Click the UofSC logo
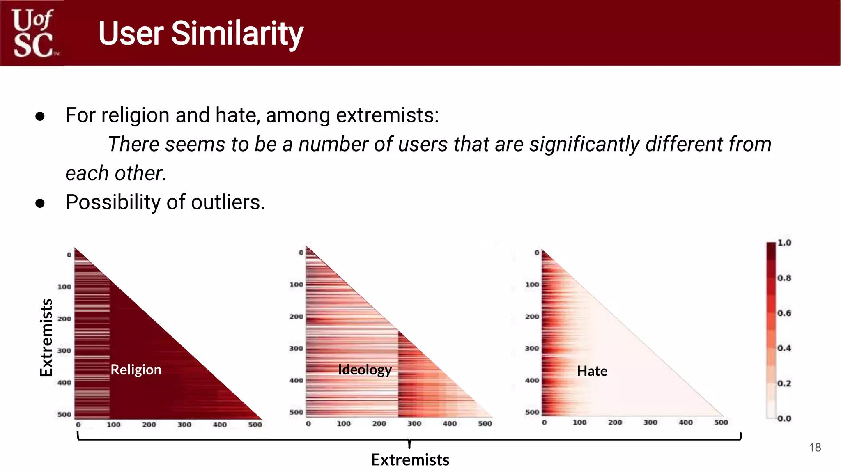pyautogui.click(x=33, y=33)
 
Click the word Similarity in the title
pyautogui.click(x=237, y=34)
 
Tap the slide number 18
pyautogui.click(x=815, y=448)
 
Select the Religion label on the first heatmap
pyautogui.click(x=136, y=370)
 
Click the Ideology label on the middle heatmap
pyautogui.click(x=365, y=370)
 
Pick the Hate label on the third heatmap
pyautogui.click(x=592, y=371)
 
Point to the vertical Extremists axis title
pyautogui.click(x=46, y=337)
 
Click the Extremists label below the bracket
pyautogui.click(x=410, y=460)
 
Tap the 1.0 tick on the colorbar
pyautogui.click(x=784, y=243)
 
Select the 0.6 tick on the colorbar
pyautogui.click(x=784, y=313)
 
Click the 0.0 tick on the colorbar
pyautogui.click(x=784, y=418)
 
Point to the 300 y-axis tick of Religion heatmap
pyautogui.click(x=64, y=351)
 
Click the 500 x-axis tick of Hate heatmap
pyautogui.click(x=721, y=422)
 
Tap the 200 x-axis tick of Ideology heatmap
pyautogui.click(x=379, y=423)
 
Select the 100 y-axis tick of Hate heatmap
pyautogui.click(x=532, y=284)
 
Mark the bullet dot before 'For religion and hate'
pyautogui.click(x=40, y=116)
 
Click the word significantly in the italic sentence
pyautogui.click(x=584, y=145)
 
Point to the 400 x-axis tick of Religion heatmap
pyautogui.click(x=219, y=425)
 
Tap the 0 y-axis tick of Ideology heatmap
pyautogui.click(x=301, y=253)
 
